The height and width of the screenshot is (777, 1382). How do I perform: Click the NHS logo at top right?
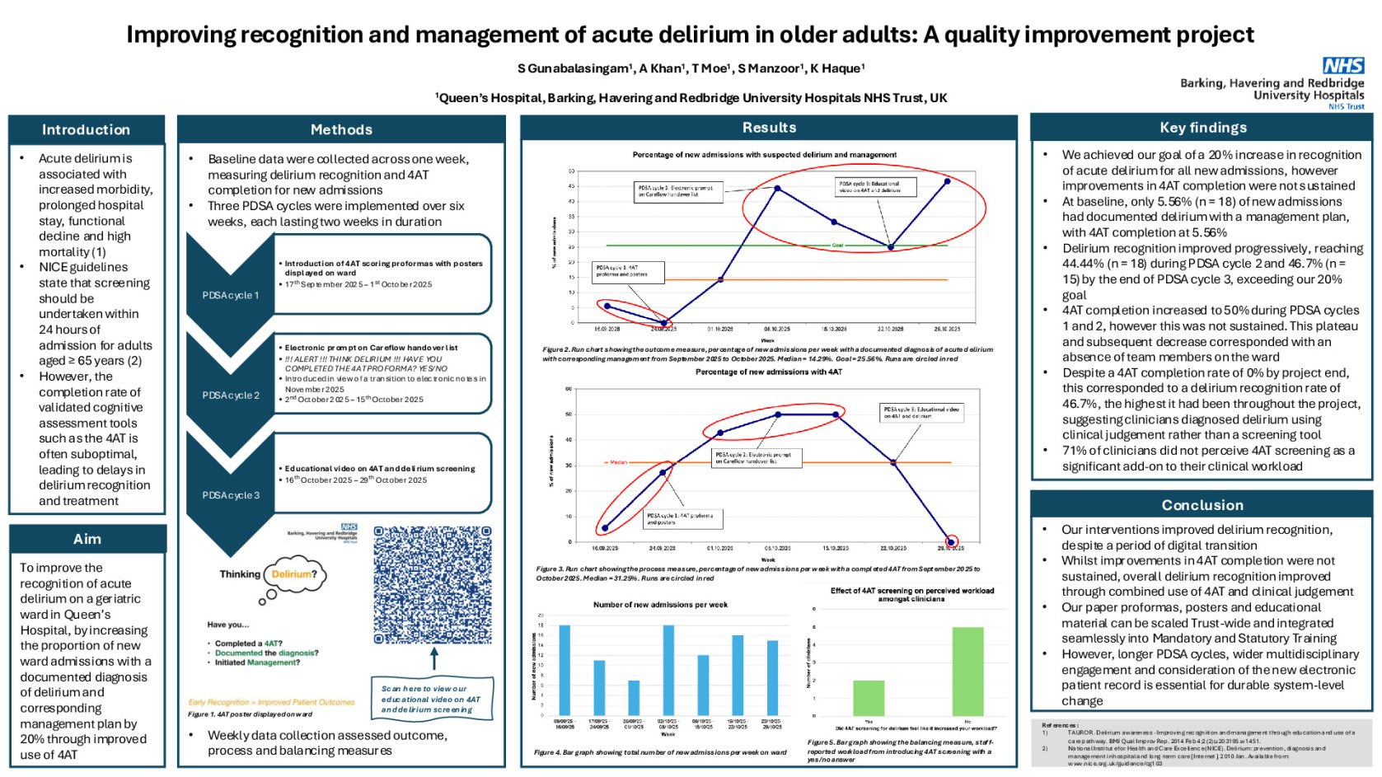[x=1342, y=66]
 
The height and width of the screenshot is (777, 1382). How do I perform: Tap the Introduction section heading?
[x=86, y=129]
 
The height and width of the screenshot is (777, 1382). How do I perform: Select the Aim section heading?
[x=87, y=539]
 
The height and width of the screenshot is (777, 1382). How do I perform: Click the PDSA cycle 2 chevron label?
[x=231, y=396]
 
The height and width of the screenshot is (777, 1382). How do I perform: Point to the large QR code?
[x=433, y=585]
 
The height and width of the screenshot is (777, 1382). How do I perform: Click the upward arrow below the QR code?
[x=434, y=658]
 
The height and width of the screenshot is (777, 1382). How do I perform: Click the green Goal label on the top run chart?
[x=837, y=246]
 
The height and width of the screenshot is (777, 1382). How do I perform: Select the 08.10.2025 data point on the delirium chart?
[x=777, y=189]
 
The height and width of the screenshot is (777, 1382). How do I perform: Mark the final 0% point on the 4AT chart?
[x=951, y=542]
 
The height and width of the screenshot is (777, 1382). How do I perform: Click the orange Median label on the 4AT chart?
[x=618, y=462]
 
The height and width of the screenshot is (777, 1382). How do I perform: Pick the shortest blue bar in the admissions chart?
[x=634, y=698]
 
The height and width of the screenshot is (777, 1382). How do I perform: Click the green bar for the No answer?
[x=967, y=671]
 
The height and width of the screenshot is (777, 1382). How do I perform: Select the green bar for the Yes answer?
[x=869, y=698]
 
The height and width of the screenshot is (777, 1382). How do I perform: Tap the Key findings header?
[x=1202, y=128]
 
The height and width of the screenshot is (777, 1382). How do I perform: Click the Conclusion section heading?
[x=1202, y=505]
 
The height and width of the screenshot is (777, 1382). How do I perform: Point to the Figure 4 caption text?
[x=660, y=752]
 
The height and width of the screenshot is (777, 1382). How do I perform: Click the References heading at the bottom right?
[x=1059, y=725]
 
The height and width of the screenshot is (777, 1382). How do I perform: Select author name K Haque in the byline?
[x=837, y=68]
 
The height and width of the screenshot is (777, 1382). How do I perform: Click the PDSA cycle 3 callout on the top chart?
[x=869, y=187]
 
